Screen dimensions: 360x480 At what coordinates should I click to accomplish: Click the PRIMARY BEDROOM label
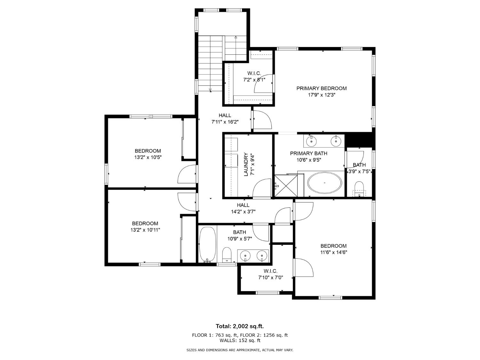coord(321,88)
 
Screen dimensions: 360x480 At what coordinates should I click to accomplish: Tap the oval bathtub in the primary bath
coord(324,183)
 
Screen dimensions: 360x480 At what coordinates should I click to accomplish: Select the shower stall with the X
coord(286,186)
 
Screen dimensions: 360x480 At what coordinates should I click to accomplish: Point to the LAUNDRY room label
coord(246,164)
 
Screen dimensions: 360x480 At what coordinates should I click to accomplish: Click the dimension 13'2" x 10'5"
coord(148,157)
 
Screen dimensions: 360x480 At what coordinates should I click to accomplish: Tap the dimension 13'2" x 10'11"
coord(145,230)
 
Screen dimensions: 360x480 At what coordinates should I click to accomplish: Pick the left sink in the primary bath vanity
coord(311,141)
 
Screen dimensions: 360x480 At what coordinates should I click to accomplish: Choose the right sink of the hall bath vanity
coord(262,256)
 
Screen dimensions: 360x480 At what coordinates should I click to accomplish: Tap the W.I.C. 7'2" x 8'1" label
coord(254,74)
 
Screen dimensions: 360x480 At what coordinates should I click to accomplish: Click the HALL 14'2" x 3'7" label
coord(243,205)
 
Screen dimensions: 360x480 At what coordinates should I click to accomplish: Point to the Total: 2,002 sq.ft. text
coord(240,326)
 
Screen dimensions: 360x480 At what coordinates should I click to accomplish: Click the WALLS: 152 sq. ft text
coord(240,340)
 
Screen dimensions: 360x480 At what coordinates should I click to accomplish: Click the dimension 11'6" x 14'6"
coord(334,252)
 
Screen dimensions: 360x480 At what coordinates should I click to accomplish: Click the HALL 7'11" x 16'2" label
coord(225,116)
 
